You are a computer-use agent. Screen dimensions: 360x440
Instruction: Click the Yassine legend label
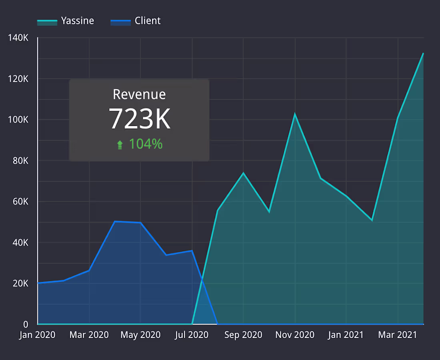[x=78, y=21]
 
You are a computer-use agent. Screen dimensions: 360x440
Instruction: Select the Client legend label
[x=148, y=21]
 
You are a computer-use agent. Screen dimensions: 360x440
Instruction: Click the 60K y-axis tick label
[x=20, y=201]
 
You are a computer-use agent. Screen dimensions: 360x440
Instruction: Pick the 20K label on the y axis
[x=20, y=283]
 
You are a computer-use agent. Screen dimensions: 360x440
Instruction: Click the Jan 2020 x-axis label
[x=38, y=335]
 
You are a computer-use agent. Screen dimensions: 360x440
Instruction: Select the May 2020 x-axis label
[x=140, y=335]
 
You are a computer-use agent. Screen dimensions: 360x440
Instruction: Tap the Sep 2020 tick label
[x=243, y=335]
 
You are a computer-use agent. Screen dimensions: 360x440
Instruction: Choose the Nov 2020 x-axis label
[x=295, y=335]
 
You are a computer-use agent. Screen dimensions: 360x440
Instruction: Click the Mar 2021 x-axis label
[x=398, y=335]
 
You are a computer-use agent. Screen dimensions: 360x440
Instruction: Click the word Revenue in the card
[x=139, y=94]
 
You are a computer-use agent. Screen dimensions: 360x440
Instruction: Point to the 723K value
[x=140, y=119]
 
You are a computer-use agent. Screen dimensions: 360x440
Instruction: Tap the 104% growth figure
[x=146, y=144]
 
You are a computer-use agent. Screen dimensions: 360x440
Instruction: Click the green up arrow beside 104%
[x=120, y=145]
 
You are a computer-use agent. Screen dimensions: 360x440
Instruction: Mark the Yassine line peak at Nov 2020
[x=295, y=114]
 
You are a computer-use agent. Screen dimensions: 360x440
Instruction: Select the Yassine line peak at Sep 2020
[x=243, y=173]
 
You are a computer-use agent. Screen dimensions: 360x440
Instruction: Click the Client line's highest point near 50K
[x=115, y=221]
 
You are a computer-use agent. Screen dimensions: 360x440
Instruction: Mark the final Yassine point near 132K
[x=423, y=53]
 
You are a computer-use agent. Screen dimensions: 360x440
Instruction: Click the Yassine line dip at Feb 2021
[x=372, y=220]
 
